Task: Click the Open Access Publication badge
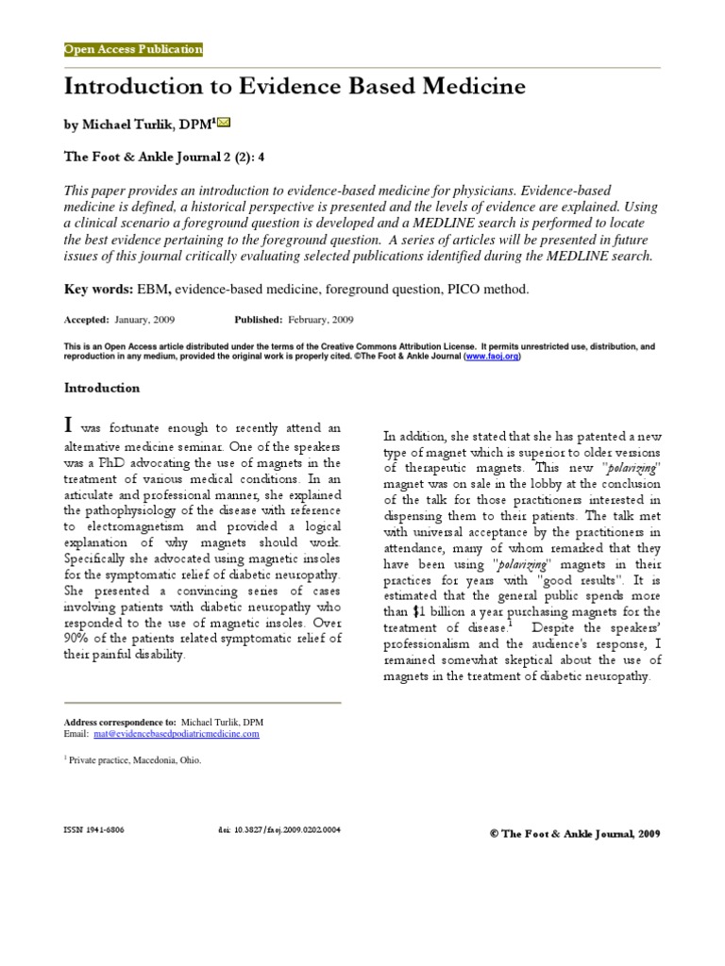pos(133,49)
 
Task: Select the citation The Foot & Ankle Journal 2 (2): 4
pos(164,158)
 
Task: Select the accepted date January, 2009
pos(143,320)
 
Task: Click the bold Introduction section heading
pos(101,388)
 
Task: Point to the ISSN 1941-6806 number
pos(93,831)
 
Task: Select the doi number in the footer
pos(279,831)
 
